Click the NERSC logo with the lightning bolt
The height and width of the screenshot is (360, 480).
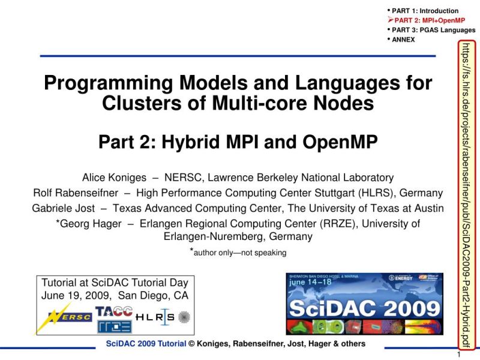pos(67,316)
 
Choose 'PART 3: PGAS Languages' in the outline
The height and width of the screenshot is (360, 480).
pos(433,30)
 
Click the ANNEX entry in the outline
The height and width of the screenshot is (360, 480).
pos(403,40)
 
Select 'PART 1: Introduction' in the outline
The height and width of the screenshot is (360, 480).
pos(425,11)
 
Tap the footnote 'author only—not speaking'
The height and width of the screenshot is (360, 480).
pos(240,253)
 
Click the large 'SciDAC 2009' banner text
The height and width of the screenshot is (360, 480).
pos(365,308)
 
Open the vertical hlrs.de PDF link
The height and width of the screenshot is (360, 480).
pos(466,195)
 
